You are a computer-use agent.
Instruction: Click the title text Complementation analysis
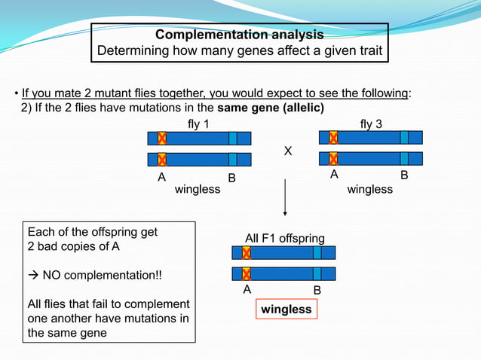(239, 35)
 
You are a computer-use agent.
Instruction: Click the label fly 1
(198, 124)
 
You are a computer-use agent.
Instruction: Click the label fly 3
(370, 124)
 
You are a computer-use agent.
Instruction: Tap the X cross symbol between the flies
(287, 151)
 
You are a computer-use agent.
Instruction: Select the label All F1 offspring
(285, 238)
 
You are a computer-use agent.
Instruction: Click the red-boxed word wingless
(286, 309)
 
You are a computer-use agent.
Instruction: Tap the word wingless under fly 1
(198, 189)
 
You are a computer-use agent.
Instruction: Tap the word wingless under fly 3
(369, 189)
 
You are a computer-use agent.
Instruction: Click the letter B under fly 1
(232, 178)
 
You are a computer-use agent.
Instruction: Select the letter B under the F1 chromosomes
(317, 290)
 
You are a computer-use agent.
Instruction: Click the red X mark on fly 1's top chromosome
(161, 139)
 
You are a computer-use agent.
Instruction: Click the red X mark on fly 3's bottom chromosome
(333, 158)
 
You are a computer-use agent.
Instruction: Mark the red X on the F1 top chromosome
(246, 253)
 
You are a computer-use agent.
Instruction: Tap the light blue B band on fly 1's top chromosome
(232, 139)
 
